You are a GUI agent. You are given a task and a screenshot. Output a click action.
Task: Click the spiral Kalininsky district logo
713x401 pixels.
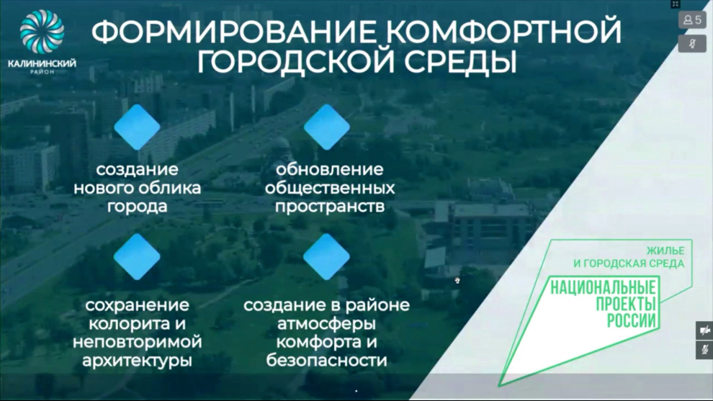(42, 32)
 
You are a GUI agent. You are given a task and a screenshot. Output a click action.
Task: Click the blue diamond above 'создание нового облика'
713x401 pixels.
(137, 127)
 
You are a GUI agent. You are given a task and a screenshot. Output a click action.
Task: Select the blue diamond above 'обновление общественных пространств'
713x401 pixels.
(326, 127)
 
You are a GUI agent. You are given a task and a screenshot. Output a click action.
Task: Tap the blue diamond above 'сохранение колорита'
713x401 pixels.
(137, 256)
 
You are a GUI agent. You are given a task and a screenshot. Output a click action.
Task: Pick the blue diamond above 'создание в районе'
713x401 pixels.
(326, 256)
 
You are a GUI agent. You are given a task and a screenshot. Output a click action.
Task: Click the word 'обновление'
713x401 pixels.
(330, 170)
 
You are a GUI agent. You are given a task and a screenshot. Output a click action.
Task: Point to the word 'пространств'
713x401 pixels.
(330, 207)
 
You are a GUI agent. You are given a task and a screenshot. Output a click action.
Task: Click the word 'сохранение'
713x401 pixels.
(137, 305)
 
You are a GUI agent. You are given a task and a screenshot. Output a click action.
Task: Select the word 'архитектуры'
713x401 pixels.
(137, 361)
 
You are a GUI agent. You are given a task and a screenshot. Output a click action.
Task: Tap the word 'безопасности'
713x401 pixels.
(326, 361)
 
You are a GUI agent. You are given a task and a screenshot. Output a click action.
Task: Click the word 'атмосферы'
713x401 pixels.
(326, 324)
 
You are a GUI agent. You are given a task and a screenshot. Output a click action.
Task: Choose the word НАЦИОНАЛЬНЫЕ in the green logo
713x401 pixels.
(603, 288)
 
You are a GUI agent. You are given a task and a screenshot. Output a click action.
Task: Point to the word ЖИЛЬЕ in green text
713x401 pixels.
(665, 251)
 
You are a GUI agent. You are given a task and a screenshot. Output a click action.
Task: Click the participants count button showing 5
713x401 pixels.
(692, 20)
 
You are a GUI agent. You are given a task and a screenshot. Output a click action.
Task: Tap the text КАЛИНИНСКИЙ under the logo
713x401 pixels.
(42, 63)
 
